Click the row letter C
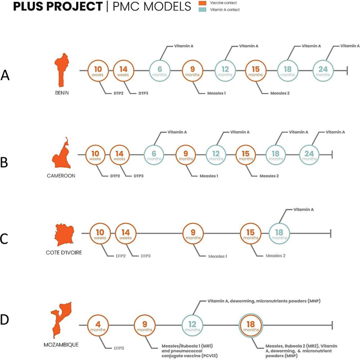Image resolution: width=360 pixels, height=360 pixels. pos(4,240)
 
